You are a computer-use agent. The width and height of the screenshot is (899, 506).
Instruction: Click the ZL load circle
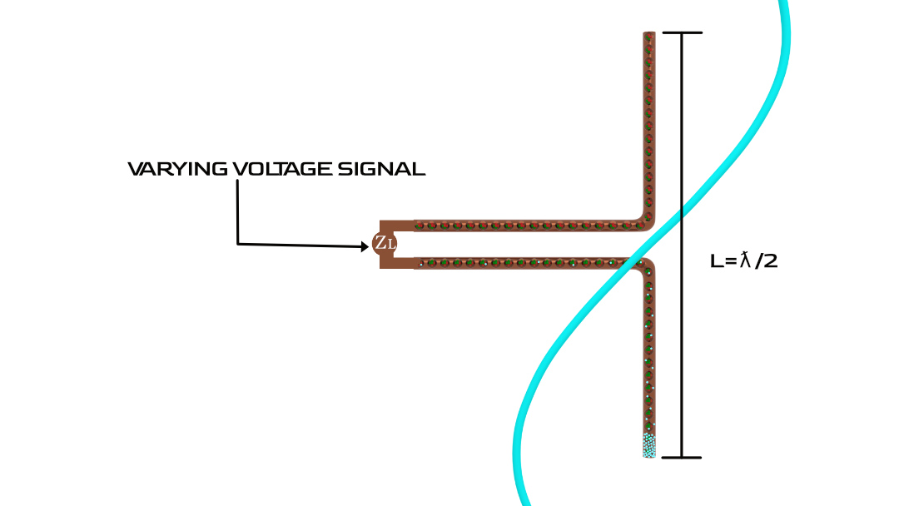tap(385, 244)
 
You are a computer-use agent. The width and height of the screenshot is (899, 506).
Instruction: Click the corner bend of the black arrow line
tap(238, 243)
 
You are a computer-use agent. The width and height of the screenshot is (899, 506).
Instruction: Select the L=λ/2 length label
tap(743, 260)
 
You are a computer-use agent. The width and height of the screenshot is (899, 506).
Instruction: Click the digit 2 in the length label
tap(770, 261)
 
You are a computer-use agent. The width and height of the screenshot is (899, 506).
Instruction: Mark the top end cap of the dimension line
tap(683, 33)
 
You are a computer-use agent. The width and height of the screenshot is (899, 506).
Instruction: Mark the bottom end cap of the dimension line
tap(683, 457)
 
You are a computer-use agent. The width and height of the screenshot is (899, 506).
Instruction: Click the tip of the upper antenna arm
tap(649, 35)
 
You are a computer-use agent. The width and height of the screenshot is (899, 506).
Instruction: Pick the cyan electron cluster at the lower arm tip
tap(649, 446)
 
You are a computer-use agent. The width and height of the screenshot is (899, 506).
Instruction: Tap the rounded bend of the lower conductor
tap(645, 266)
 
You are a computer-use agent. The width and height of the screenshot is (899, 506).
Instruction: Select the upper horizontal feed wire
tap(524, 226)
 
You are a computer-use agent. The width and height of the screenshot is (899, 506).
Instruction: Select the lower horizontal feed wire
tap(524, 262)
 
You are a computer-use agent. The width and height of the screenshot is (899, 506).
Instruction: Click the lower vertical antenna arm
tap(649, 358)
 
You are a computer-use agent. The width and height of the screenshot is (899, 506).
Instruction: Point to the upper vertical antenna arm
tap(649, 125)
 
